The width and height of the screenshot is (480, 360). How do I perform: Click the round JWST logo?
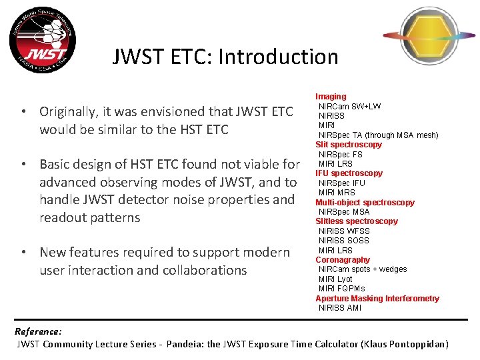point(42,43)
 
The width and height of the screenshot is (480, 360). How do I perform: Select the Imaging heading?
point(331,97)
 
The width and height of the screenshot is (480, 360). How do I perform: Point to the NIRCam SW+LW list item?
point(349,107)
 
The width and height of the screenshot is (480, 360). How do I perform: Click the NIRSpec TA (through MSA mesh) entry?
point(378,135)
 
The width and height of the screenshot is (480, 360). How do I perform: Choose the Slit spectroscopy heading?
point(349,145)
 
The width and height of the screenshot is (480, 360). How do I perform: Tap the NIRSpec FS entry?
point(340,155)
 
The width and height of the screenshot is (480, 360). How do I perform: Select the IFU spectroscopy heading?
point(349,173)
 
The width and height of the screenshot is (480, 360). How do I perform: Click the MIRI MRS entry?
point(337,193)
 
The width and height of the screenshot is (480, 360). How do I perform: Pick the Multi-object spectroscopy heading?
point(365,203)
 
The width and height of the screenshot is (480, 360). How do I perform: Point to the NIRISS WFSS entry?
point(343,231)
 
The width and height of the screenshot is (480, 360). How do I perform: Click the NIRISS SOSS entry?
point(343,241)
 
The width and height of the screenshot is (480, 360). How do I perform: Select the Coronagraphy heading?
point(342,260)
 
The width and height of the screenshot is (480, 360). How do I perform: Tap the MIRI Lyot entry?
point(335,279)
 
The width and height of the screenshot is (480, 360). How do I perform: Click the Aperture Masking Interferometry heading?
point(377,299)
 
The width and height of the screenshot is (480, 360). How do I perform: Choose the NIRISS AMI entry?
point(339,308)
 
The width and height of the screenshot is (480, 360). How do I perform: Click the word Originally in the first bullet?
point(71,111)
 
